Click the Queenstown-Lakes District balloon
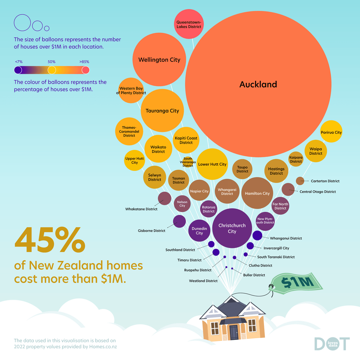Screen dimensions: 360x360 tap(189, 24)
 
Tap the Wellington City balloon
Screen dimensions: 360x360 tap(159, 59)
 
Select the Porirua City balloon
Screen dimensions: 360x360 tap(331, 131)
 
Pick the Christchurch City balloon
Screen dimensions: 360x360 tap(232, 228)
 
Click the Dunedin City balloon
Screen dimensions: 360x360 tap(199, 231)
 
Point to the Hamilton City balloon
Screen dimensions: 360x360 tap(257, 193)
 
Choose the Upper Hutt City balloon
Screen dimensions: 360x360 tap(135, 160)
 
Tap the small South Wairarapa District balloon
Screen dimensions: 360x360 tap(188, 162)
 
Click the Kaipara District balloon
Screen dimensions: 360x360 tap(296, 159)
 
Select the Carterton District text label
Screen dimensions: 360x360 tap(325, 181)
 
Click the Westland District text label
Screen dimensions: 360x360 tap(203, 281)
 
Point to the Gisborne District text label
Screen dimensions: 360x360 tap(152, 231)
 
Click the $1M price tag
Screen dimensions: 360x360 tap(297, 283)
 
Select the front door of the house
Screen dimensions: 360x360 tap(234, 332)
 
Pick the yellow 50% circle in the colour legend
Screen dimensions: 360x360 tap(52, 70)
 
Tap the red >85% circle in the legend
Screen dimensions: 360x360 tap(86, 70)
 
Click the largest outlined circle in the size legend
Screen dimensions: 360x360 tap(22, 23)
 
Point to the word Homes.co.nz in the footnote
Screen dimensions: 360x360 tap(103, 347)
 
